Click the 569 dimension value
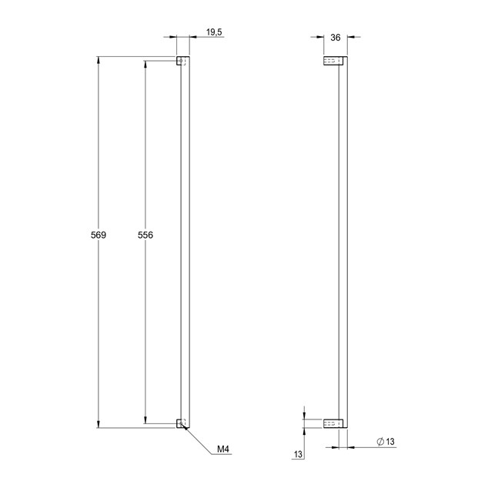point(99,235)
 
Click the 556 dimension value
point(145,235)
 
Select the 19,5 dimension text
point(214,32)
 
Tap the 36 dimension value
point(335,38)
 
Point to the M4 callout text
point(223,449)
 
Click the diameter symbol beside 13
point(380,441)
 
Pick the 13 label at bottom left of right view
point(298,454)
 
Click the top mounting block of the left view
point(181,61)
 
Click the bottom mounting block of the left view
point(181,423)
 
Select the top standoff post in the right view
point(333,61)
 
